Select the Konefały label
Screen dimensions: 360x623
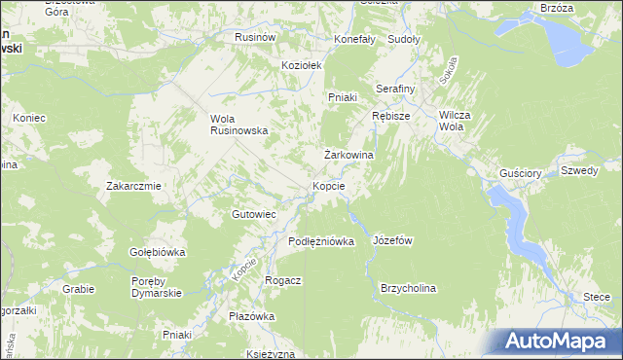(x=354, y=40)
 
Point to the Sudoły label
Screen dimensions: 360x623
(x=403, y=40)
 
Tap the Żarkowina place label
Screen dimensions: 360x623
(x=349, y=155)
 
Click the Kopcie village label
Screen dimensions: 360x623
(x=329, y=186)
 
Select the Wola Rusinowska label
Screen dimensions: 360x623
(x=239, y=126)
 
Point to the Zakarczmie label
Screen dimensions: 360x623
(x=133, y=185)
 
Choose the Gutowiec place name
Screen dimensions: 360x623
(x=254, y=214)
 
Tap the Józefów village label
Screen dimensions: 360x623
(x=394, y=240)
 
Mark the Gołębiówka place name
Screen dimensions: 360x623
(x=158, y=252)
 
